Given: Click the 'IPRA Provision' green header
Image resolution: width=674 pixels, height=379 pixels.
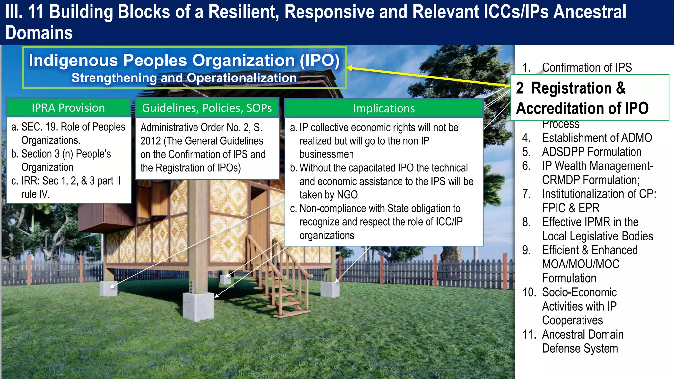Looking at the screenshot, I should tap(68, 108).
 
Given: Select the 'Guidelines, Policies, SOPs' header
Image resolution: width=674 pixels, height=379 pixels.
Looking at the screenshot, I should tap(207, 108).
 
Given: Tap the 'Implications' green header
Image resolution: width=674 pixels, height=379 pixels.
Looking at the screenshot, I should tap(384, 109).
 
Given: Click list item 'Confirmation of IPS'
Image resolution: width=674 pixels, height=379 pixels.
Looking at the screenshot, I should tap(586, 67).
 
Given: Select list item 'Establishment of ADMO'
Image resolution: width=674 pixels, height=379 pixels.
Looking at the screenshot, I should tap(597, 138).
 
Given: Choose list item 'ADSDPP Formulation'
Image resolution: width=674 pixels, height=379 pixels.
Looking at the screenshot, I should tap(591, 152).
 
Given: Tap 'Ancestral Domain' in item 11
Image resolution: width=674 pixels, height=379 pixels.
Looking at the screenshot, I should tap(583, 335).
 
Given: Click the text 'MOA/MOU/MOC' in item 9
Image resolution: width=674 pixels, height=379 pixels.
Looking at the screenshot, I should tap(581, 264).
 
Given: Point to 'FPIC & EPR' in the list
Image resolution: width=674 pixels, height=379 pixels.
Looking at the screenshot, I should tap(571, 208).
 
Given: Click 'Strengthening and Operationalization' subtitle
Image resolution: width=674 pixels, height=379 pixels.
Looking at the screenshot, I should tap(184, 78).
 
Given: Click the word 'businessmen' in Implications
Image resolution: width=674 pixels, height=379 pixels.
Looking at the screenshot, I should tap(326, 154).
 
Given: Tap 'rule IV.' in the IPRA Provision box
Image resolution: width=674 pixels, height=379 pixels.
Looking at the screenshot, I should tap(35, 194).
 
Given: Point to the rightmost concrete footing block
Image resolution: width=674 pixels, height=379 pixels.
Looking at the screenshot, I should tap(330, 289).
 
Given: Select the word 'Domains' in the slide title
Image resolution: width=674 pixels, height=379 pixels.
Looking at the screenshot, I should tap(39, 33).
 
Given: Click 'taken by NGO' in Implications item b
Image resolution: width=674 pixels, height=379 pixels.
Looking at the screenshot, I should tap(328, 195).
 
